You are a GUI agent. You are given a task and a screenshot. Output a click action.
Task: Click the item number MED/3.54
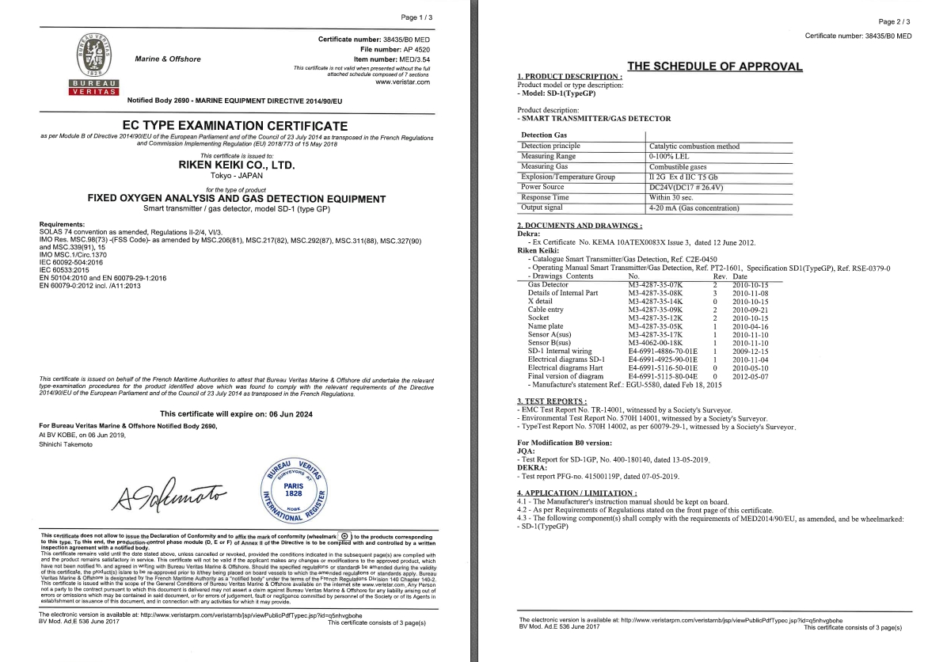[x=412, y=59]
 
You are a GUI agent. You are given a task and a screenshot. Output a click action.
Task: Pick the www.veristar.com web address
[x=402, y=82]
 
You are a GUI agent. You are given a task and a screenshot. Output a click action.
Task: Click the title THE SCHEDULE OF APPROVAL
[x=714, y=67]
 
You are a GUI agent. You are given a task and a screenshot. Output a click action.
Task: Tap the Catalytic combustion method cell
[x=694, y=146]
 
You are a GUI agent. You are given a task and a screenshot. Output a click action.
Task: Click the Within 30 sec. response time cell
[x=674, y=197]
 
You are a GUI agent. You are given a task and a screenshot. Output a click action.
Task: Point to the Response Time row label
[x=545, y=197]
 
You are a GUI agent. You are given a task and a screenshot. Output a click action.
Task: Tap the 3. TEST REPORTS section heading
[x=552, y=401]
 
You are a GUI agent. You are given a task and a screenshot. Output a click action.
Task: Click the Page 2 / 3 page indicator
[x=894, y=22]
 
